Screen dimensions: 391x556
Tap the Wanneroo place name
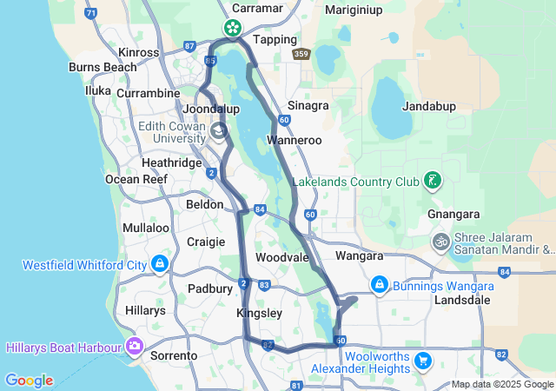(x=295, y=139)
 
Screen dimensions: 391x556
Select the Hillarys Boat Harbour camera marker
(x=135, y=347)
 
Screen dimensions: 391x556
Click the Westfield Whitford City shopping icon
(x=159, y=263)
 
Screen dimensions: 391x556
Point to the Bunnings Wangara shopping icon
(x=379, y=284)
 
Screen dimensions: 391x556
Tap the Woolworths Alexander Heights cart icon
(x=423, y=359)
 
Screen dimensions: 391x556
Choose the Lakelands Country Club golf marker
(x=432, y=182)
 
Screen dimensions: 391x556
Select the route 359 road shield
(x=301, y=54)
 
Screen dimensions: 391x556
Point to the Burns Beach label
(x=103, y=66)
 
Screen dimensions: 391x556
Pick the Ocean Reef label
(x=136, y=179)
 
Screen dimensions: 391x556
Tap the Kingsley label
(x=259, y=313)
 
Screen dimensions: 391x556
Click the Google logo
(x=29, y=381)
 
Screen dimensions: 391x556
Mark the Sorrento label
(x=175, y=355)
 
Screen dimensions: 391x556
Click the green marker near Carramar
(x=233, y=28)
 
